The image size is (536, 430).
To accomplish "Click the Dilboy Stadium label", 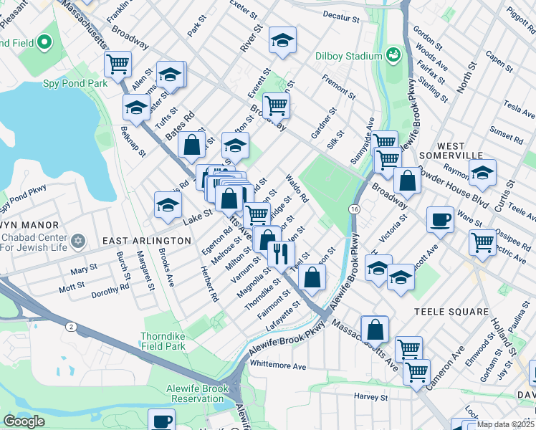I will pyautogui.click(x=348, y=57).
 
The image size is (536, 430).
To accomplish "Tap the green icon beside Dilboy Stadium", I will pyautogui.click(x=393, y=54).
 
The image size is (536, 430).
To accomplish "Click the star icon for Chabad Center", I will pyautogui.click(x=77, y=239).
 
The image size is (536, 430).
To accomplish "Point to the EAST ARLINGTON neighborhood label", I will pyautogui.click(x=146, y=241).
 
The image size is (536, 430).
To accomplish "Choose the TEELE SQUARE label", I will pyautogui.click(x=451, y=312).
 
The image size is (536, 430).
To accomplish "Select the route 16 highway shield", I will pyautogui.click(x=354, y=209).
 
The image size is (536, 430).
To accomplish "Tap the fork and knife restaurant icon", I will pyautogui.click(x=280, y=252).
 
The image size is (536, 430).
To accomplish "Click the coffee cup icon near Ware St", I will pyautogui.click(x=439, y=220).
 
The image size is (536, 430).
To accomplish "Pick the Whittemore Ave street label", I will pyautogui.click(x=279, y=366).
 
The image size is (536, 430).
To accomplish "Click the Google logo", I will pyautogui.click(x=23, y=421).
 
